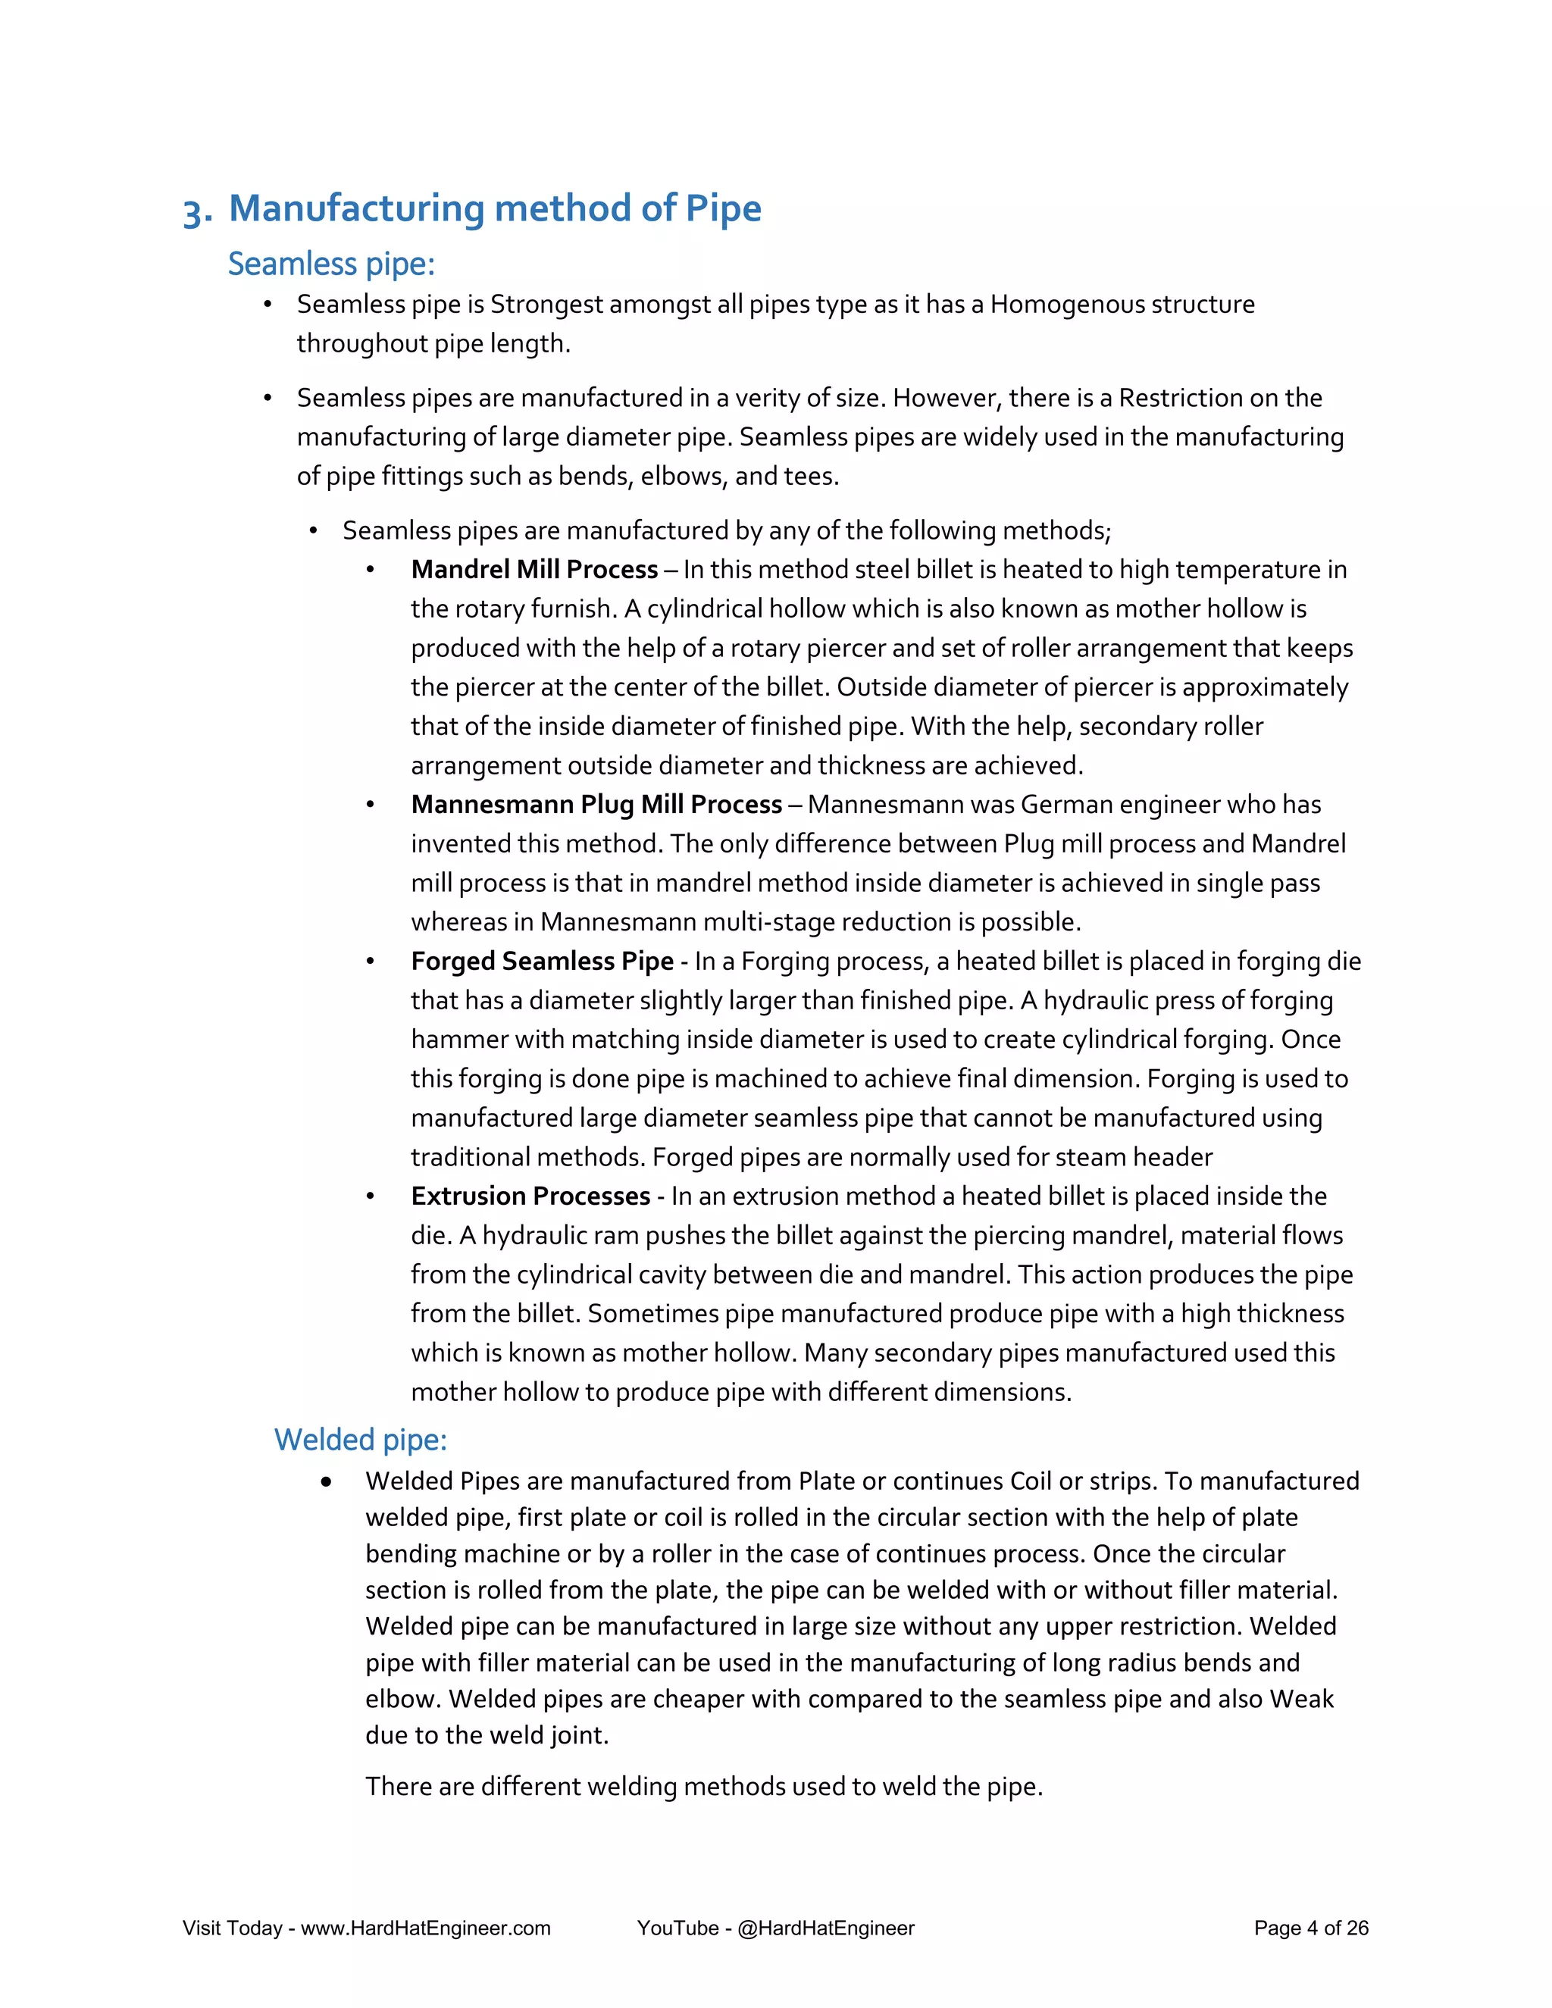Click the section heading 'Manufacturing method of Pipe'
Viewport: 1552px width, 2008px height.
495,208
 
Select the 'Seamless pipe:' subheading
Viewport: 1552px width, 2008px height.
331,264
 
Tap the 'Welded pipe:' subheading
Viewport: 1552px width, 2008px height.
361,1439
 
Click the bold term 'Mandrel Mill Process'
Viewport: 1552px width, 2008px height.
534,569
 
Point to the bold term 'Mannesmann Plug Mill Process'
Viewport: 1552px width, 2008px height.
596,805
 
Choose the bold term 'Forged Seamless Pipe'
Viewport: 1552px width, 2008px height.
542,961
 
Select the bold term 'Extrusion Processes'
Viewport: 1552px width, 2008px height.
530,1196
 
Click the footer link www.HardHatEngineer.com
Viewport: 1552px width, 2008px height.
426,1928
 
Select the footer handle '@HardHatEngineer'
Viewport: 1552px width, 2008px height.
826,1928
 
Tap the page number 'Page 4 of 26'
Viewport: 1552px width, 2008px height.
1311,1928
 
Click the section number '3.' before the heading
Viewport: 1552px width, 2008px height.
198,212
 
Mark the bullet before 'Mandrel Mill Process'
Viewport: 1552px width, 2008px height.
371,570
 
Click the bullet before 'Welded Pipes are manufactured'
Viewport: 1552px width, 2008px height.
327,1481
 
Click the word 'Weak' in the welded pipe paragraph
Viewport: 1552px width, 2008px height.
1301,1698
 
